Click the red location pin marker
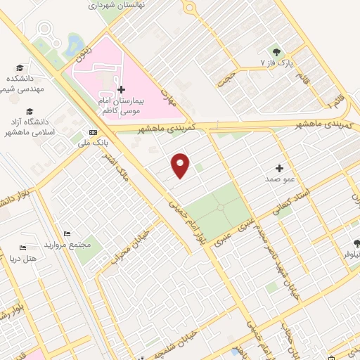(181, 165)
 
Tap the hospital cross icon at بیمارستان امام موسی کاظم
(122, 89)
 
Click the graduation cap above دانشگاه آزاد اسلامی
(30, 111)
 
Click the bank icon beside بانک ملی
(94, 133)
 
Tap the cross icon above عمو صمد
(279, 168)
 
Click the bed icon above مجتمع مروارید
(66, 233)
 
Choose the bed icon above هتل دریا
(22, 247)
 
